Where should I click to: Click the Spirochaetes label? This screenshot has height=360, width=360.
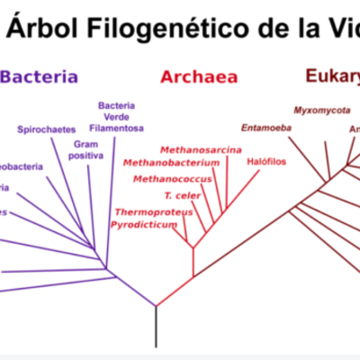[x=46, y=130]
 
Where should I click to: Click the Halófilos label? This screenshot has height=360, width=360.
[x=265, y=162]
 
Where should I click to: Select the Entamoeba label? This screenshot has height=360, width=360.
[x=264, y=127]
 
